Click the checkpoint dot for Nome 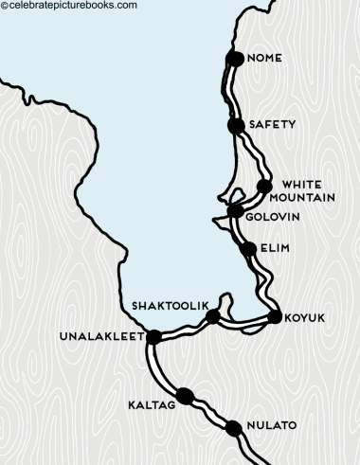click(235, 59)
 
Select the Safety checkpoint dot click(236, 125)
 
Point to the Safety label click(272, 124)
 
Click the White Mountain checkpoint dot click(264, 187)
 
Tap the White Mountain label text click(309, 190)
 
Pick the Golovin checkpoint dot click(236, 210)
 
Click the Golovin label click(273, 217)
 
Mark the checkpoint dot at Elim click(248, 250)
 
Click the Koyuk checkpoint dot click(276, 317)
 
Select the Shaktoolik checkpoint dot click(213, 317)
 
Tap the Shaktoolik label click(167, 306)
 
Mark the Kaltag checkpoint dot click(184, 397)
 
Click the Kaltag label click(152, 405)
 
